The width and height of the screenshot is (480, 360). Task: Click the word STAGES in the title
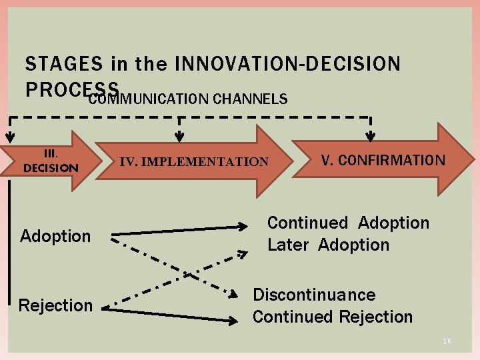tap(64, 64)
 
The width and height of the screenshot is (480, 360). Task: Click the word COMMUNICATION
tap(148, 99)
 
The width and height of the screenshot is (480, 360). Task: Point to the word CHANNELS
tap(250, 99)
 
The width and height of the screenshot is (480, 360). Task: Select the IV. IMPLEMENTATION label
tap(193, 162)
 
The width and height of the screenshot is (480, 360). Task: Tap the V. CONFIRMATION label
tap(383, 160)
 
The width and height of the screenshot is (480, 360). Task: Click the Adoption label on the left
tap(55, 236)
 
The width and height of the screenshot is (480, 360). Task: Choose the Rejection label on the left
tap(55, 305)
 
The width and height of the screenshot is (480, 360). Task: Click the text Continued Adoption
tap(348, 223)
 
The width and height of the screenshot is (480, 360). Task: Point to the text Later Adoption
tap(328, 245)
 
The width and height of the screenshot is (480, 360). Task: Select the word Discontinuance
tap(314, 295)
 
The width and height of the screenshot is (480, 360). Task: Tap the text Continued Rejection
tap(332, 317)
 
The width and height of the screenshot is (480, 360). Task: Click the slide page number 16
tap(447, 341)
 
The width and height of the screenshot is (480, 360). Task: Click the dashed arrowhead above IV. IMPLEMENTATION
tap(179, 137)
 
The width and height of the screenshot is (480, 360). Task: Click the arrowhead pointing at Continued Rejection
tap(235, 319)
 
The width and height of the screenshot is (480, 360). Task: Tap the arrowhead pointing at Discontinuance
tap(234, 294)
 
